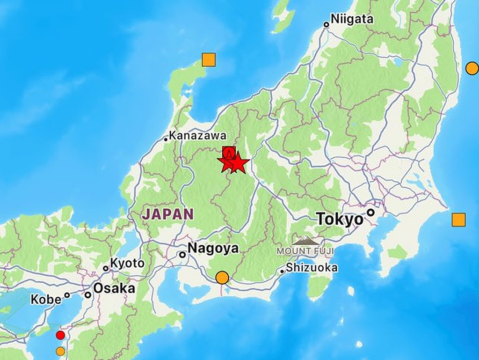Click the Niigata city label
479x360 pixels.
pyautogui.click(x=352, y=19)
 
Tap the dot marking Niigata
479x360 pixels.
pyautogui.click(x=327, y=24)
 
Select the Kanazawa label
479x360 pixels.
pyautogui.click(x=198, y=136)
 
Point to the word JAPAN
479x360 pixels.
pyautogui.click(x=168, y=214)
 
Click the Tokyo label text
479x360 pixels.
pyautogui.click(x=340, y=219)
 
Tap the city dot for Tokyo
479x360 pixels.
pyautogui.click(x=371, y=213)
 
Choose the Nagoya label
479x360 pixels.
pyautogui.click(x=213, y=248)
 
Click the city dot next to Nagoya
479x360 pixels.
pyautogui.click(x=182, y=255)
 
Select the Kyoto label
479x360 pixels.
pyautogui.click(x=127, y=264)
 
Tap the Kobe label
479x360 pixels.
pyautogui.click(x=46, y=299)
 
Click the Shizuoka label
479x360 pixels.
pyautogui.click(x=312, y=268)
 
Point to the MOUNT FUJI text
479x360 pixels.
pyautogui.click(x=305, y=251)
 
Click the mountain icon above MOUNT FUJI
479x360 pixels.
pyautogui.click(x=305, y=240)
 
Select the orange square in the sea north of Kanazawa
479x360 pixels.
pyautogui.click(x=209, y=60)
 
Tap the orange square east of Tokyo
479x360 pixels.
pyautogui.click(x=458, y=220)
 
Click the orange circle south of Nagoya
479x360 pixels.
pyautogui.click(x=222, y=278)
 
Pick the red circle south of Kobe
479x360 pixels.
pyautogui.click(x=60, y=335)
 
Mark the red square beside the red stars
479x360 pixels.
pyautogui.click(x=228, y=152)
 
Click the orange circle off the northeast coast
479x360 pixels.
pyautogui.click(x=472, y=68)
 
